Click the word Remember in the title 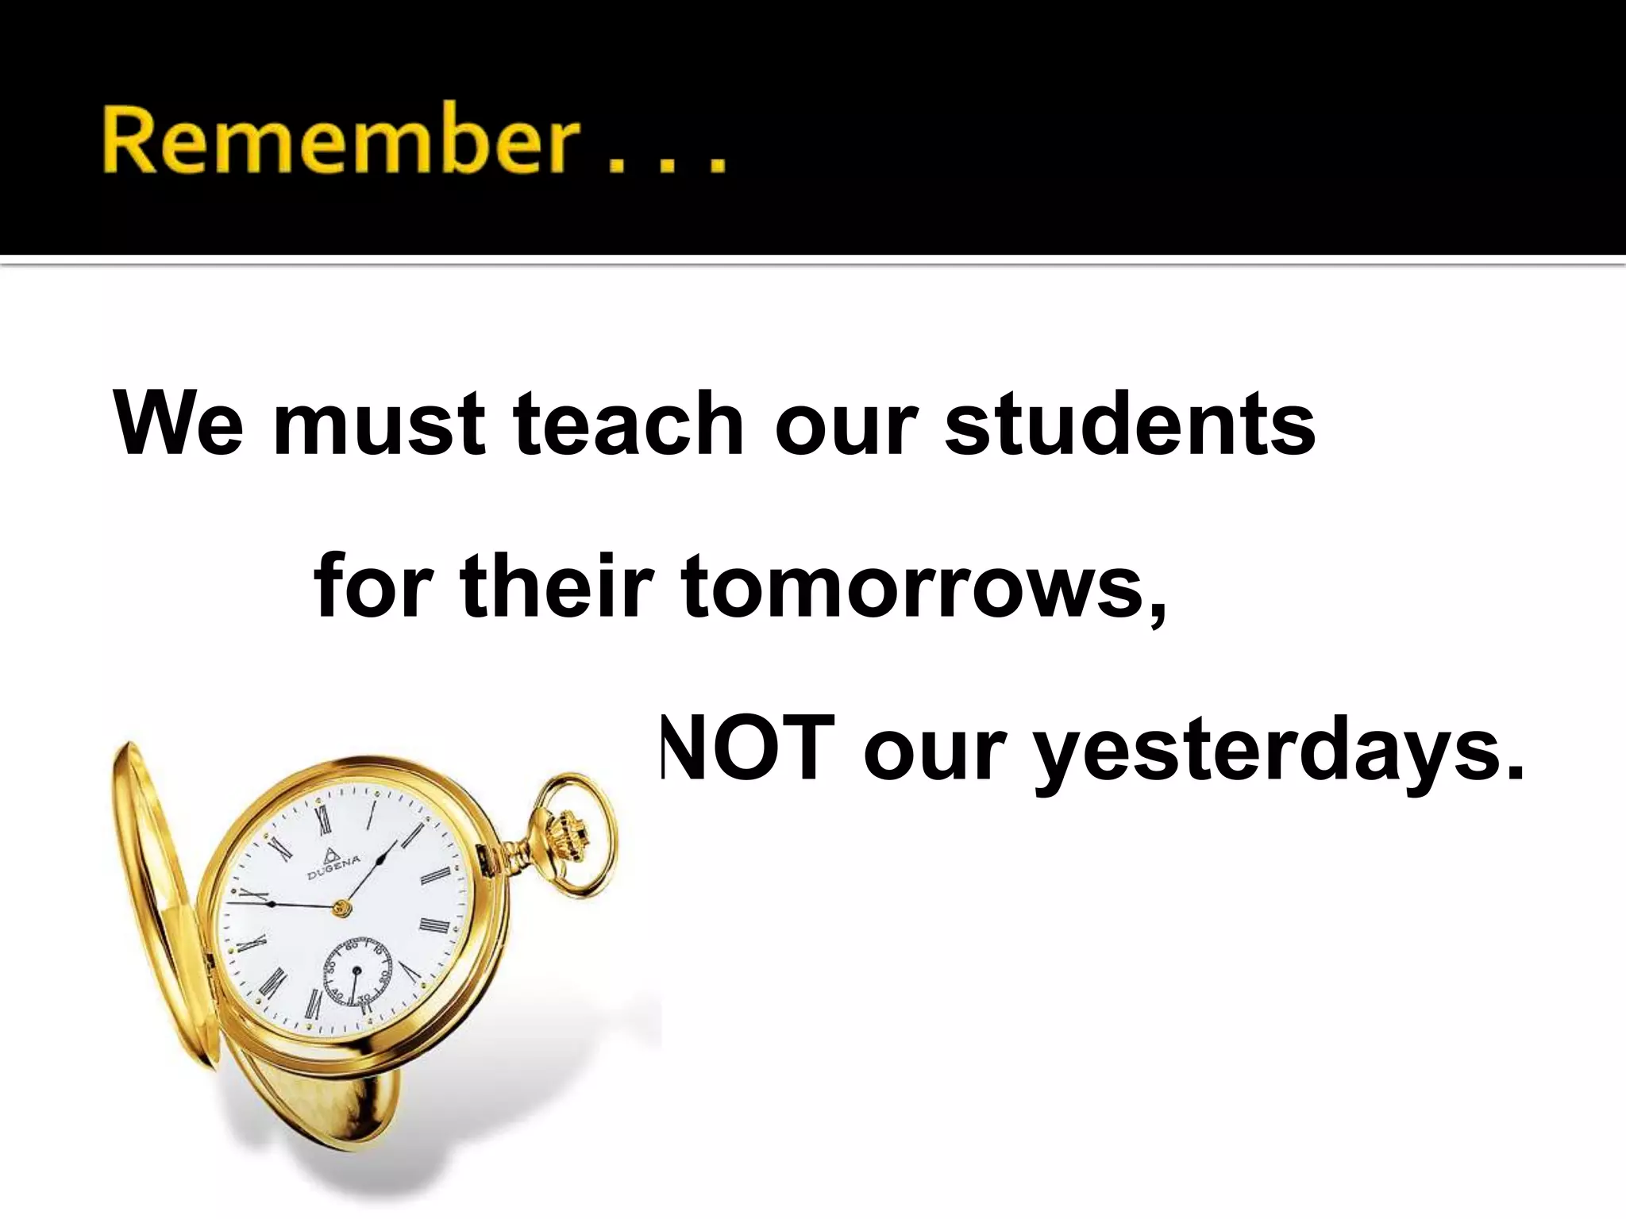(338, 140)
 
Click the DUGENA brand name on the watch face (334, 867)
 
